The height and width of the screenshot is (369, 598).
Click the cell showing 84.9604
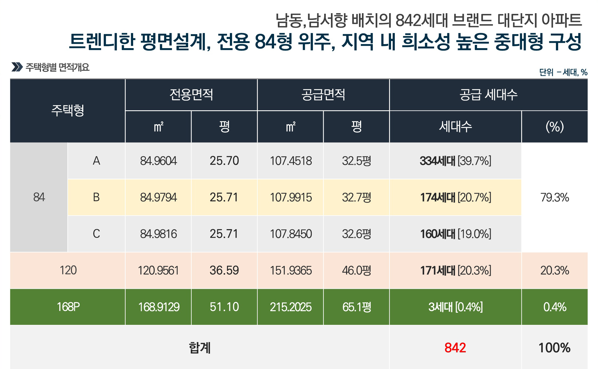tap(158, 161)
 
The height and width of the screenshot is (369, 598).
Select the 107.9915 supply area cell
tap(291, 197)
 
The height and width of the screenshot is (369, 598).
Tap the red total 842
tap(455, 347)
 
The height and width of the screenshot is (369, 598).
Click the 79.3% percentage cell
tap(555, 197)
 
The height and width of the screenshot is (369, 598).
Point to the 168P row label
tap(68, 307)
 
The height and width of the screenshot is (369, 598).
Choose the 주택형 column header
tap(68, 111)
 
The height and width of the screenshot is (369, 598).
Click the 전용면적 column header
tap(191, 95)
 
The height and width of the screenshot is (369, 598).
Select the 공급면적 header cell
tap(323, 95)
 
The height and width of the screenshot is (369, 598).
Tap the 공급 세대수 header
tap(488, 95)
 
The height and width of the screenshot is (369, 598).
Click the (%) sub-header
tap(555, 126)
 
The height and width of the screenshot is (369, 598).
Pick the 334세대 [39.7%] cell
tap(455, 161)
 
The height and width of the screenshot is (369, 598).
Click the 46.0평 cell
tap(356, 270)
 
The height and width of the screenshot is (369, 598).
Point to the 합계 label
tap(199, 347)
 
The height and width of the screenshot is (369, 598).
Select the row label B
tap(96, 197)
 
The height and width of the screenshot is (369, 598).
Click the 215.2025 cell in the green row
tap(291, 307)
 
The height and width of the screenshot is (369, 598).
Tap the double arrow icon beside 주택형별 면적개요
tap(17, 67)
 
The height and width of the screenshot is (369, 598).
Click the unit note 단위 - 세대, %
tap(563, 72)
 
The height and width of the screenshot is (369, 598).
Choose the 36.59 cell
tap(224, 270)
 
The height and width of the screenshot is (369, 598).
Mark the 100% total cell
tap(555, 347)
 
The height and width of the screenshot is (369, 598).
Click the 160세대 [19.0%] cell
tap(455, 234)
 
